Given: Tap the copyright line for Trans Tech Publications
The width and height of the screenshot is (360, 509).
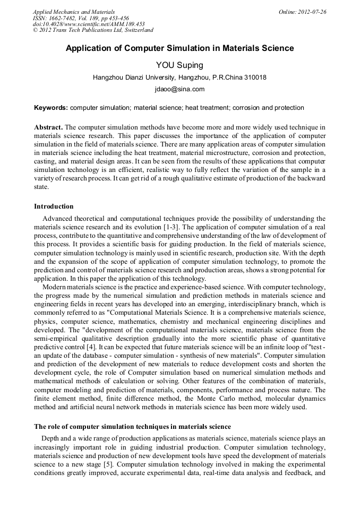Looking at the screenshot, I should (93, 31).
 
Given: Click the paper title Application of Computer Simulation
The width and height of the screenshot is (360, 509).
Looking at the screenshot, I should (179, 48).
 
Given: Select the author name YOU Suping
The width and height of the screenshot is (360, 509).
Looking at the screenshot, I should (179, 65).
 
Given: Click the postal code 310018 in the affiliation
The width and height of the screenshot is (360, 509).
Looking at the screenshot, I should (255, 77).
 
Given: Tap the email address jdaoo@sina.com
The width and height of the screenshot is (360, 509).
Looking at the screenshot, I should (179, 90).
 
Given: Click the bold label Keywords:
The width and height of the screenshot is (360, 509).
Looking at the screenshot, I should (51, 108).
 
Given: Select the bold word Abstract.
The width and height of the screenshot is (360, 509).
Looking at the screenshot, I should (48, 127).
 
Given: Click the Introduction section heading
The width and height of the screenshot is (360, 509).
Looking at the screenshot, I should (54, 206).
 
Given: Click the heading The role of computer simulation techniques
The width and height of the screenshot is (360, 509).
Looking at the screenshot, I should (132, 426).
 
